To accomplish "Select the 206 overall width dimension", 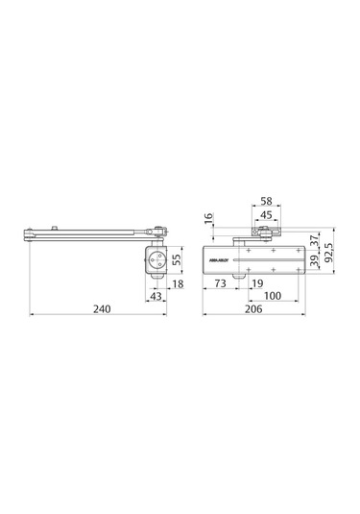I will click(x=253, y=309).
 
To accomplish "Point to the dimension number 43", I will click(x=156, y=297).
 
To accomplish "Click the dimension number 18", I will click(x=179, y=284).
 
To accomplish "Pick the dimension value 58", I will click(x=265, y=204).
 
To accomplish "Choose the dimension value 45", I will click(x=265, y=216).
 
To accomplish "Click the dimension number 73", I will click(x=221, y=284).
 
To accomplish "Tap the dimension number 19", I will click(x=256, y=284).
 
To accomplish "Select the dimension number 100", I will click(x=272, y=297).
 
